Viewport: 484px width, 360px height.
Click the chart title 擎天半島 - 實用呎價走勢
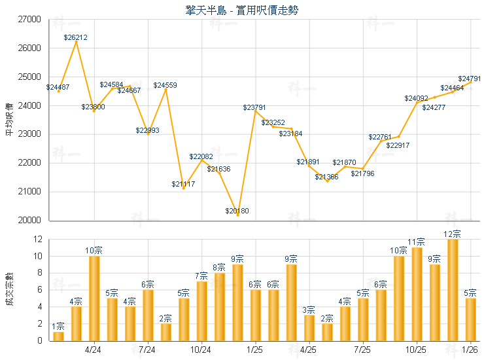242,9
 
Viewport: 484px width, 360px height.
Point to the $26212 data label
76,38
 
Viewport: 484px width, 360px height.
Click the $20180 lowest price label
237,211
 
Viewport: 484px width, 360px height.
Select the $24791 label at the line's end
470,79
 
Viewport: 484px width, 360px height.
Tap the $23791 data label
255,107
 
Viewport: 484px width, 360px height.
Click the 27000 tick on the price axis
28,20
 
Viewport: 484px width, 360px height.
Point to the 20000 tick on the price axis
28,221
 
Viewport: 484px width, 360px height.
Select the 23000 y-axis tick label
28,134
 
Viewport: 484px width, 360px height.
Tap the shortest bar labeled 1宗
58,336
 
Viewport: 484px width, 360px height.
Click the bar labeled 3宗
309,327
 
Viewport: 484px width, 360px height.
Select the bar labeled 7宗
201,310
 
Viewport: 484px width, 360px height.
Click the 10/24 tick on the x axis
201,350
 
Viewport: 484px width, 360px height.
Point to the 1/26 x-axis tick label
470,350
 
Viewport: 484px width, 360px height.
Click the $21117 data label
183,184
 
